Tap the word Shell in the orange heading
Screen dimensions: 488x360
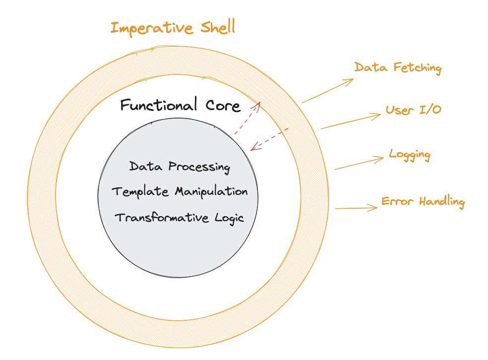(x=218, y=27)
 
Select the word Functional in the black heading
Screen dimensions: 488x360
(x=159, y=104)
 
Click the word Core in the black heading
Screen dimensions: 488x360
(x=223, y=106)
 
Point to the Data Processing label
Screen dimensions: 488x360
(x=180, y=167)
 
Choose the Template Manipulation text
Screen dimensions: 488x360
(x=180, y=191)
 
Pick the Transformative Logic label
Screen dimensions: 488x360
(x=179, y=218)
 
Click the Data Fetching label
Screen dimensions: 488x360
(x=398, y=68)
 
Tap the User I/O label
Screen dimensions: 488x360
(x=414, y=110)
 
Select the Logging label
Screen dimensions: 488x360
(x=410, y=155)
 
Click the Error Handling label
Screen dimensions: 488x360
(x=423, y=202)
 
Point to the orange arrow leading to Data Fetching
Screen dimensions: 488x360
(x=328, y=91)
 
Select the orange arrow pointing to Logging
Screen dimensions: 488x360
(x=359, y=163)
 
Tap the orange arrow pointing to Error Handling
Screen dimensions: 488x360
(x=357, y=208)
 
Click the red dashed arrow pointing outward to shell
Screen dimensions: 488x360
(x=247, y=118)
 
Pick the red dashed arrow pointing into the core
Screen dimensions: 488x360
(x=269, y=139)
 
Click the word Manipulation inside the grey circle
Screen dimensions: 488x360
(x=211, y=192)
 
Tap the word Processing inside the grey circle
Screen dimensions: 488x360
(x=199, y=168)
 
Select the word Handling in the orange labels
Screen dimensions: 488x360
(x=442, y=202)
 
